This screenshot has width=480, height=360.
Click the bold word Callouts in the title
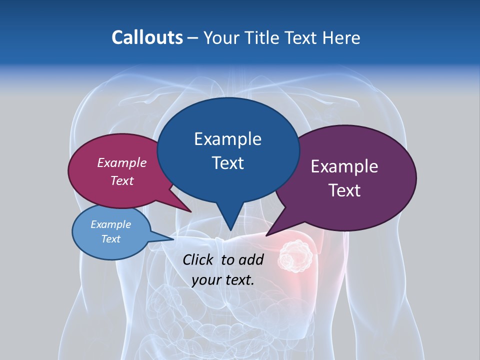[x=147, y=37]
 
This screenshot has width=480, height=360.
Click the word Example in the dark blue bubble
[x=227, y=139]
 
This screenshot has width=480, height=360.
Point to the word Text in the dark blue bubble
[x=227, y=163]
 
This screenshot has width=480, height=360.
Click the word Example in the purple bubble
[x=344, y=166]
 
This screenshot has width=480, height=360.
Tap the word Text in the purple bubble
[x=344, y=190]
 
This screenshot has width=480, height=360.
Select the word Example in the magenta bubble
[x=122, y=162]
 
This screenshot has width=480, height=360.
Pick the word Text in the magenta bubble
[x=122, y=180]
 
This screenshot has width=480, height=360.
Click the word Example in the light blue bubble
[x=110, y=224]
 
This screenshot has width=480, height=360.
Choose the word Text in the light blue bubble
[x=110, y=239]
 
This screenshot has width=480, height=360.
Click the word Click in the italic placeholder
[x=199, y=259]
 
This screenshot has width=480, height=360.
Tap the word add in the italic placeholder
[x=250, y=259]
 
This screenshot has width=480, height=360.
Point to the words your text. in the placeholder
[x=223, y=280]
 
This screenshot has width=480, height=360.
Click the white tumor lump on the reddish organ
[x=295, y=255]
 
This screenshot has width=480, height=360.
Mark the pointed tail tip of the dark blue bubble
[x=230, y=230]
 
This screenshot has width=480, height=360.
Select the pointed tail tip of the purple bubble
[x=266, y=235]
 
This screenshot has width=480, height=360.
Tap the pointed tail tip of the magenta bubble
[x=191, y=212]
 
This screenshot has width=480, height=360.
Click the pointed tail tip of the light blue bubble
[x=173, y=239]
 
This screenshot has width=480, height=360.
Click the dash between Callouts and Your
[x=193, y=38]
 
